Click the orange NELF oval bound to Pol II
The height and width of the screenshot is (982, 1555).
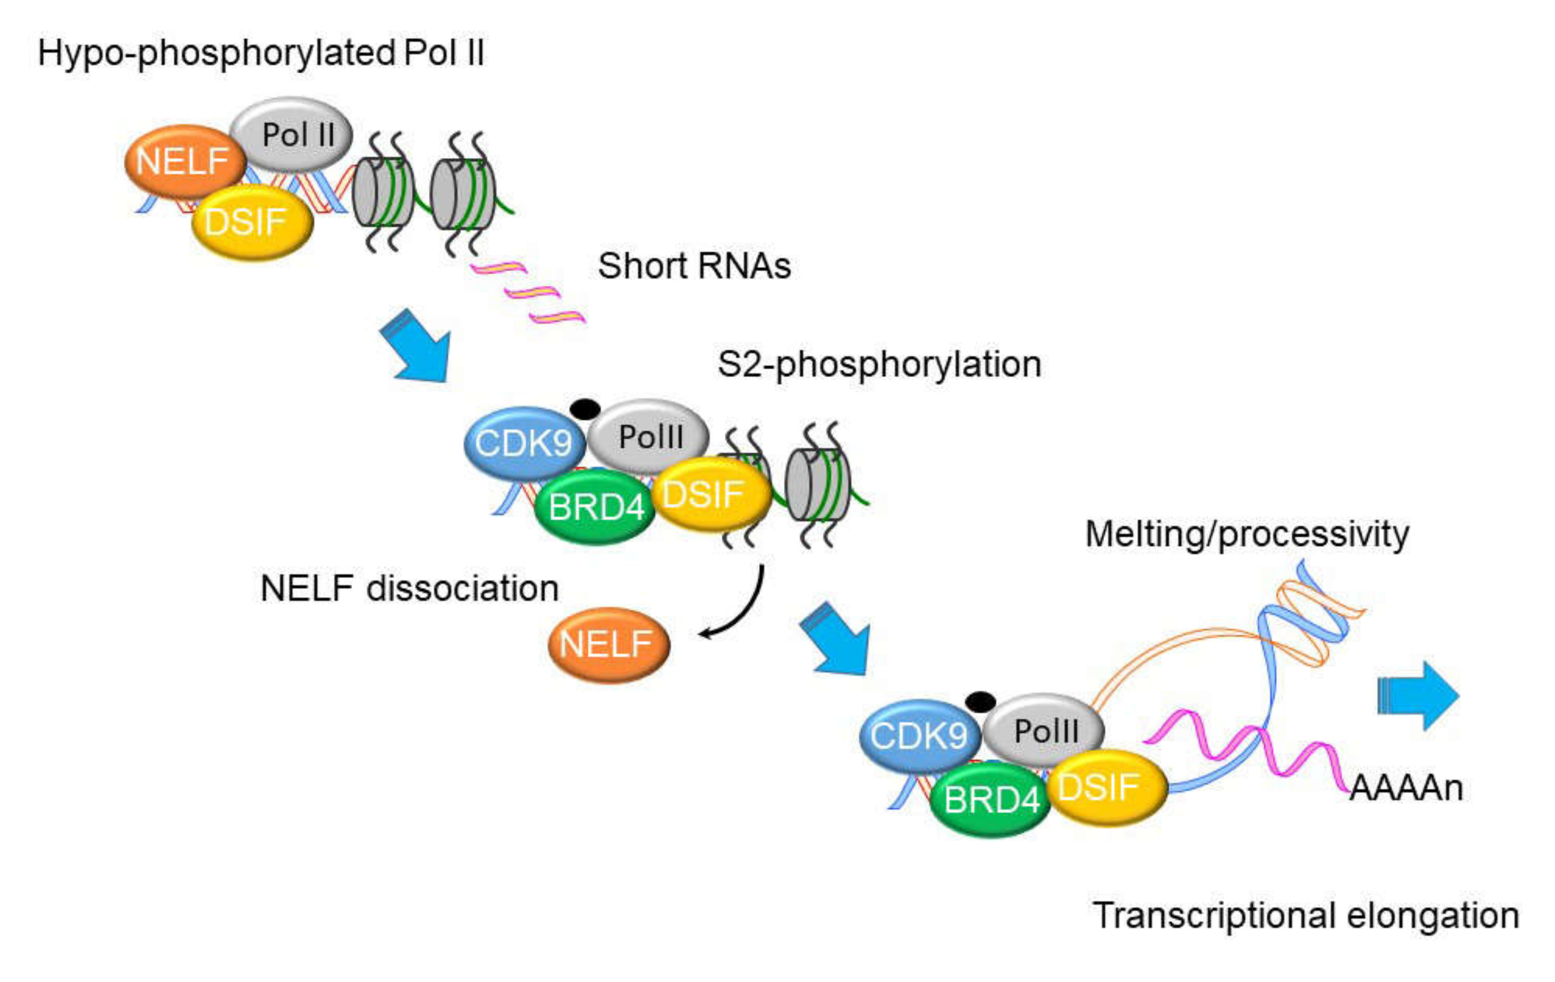pyautogui.click(x=185, y=161)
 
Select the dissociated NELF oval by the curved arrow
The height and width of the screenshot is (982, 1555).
pyautogui.click(x=609, y=645)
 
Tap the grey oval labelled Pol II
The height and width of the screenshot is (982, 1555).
pyautogui.click(x=292, y=134)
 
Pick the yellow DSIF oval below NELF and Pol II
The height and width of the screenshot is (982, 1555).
pyautogui.click(x=252, y=223)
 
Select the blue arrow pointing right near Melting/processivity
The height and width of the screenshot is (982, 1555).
pyautogui.click(x=1418, y=695)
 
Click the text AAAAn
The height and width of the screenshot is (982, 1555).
pyautogui.click(x=1406, y=788)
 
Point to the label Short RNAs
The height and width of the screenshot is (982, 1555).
pyautogui.click(x=694, y=266)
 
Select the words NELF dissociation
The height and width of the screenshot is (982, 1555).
pyautogui.click(x=409, y=588)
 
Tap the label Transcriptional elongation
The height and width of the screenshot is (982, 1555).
pyautogui.click(x=1306, y=915)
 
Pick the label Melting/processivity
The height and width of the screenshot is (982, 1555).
pyautogui.click(x=1247, y=535)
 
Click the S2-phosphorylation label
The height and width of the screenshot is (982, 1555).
pyautogui.click(x=880, y=365)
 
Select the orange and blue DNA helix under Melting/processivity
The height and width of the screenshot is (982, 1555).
pyautogui.click(x=1311, y=617)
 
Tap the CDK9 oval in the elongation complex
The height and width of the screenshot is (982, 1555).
pyautogui.click(x=920, y=736)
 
